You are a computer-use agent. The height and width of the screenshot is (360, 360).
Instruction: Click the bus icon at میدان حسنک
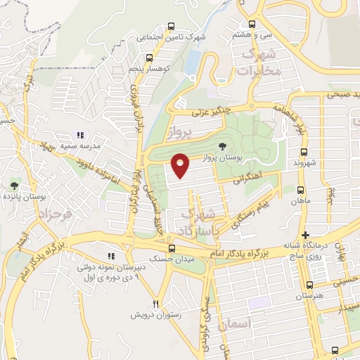(173, 249)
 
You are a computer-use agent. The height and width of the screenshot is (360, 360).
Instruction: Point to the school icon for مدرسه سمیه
(81, 134)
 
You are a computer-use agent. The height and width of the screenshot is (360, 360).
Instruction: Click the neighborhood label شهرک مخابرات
(259, 63)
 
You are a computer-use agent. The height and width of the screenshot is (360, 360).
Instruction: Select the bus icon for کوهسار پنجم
(148, 58)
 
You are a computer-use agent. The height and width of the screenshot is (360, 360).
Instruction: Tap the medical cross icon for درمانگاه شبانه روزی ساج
(304, 235)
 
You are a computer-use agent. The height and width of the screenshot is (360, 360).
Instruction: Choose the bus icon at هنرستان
(309, 285)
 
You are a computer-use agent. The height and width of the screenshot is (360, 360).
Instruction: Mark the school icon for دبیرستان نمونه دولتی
(110, 256)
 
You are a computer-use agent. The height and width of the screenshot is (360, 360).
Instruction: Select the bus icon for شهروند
(304, 151)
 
